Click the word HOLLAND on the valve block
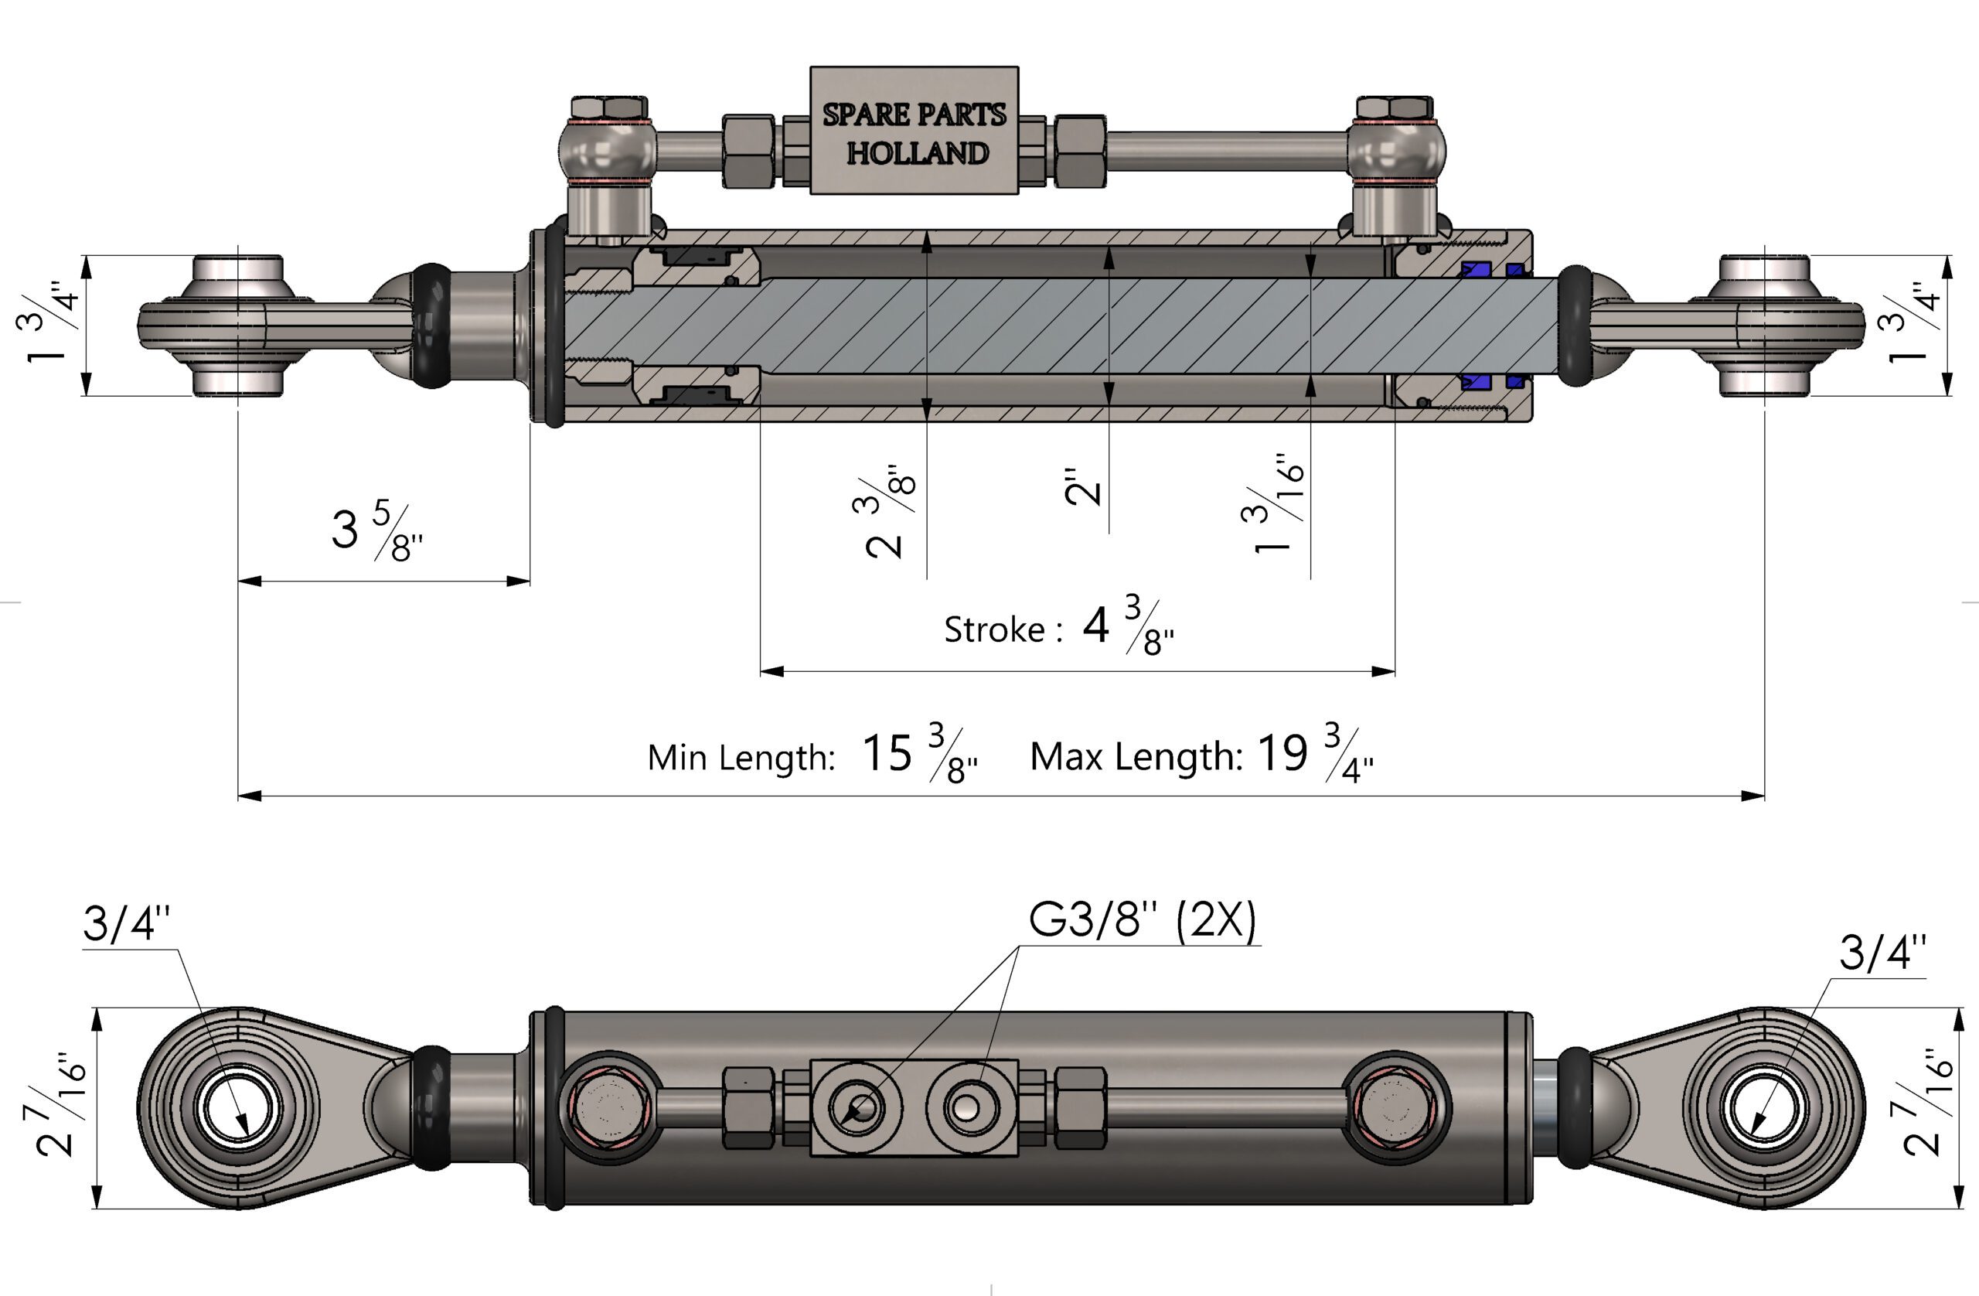tap(917, 153)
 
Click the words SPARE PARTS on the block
tap(915, 114)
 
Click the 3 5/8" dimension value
tap(377, 530)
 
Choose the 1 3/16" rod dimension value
tap(1272, 504)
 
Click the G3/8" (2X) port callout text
tap(1143, 920)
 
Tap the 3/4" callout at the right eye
tap(1882, 953)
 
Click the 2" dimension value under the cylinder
tap(1082, 486)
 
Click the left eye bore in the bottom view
tap(238, 1109)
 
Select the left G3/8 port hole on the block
tap(864, 1107)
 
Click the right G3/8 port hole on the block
tap(966, 1107)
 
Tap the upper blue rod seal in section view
tap(1477, 270)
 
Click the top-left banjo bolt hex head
tap(609, 107)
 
